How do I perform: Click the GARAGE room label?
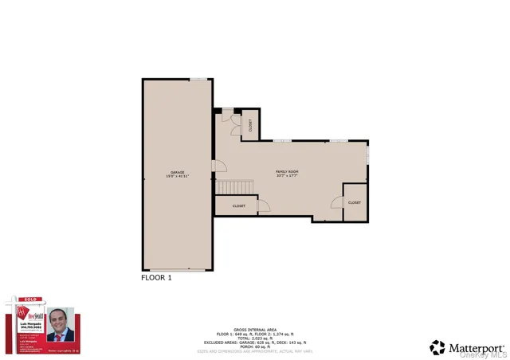(177, 172)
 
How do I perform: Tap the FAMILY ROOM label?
(287, 171)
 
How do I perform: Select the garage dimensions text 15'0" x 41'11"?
(177, 177)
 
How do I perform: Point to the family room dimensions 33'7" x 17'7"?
(287, 177)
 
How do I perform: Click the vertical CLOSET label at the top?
(250, 124)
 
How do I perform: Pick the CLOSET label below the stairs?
(238, 206)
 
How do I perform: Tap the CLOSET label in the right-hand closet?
(355, 202)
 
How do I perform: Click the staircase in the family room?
(235, 187)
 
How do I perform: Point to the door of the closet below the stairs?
(263, 205)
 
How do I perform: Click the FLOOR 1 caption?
(156, 278)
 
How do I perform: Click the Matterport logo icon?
(437, 347)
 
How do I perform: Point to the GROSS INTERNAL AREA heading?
(254, 327)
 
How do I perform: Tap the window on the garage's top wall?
(198, 79)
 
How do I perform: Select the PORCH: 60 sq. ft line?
(254, 346)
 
